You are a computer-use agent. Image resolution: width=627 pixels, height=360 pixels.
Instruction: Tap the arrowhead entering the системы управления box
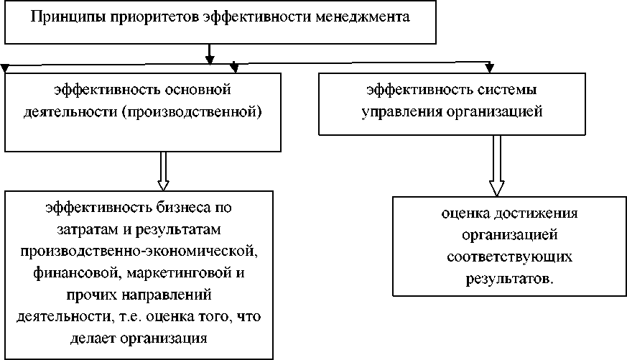click(x=491, y=69)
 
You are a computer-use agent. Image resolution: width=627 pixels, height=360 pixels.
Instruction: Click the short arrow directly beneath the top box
click(x=209, y=53)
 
